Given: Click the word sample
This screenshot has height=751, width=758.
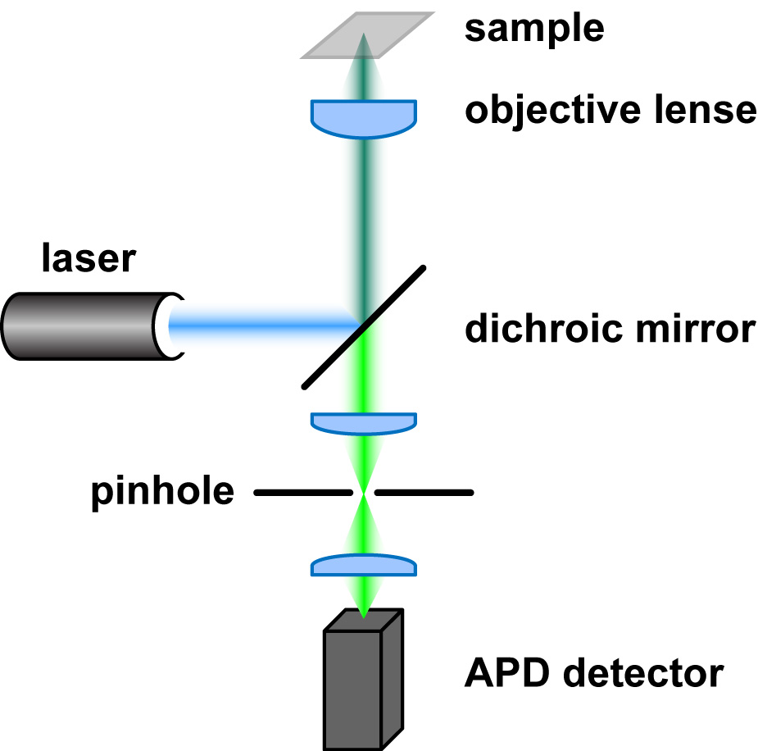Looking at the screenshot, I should pyautogui.click(x=534, y=29).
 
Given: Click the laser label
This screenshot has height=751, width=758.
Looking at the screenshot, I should pyautogui.click(x=88, y=260).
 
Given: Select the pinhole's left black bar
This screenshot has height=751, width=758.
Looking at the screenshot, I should pyautogui.click(x=303, y=493).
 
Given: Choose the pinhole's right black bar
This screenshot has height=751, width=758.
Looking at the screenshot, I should pyautogui.click(x=424, y=493).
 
